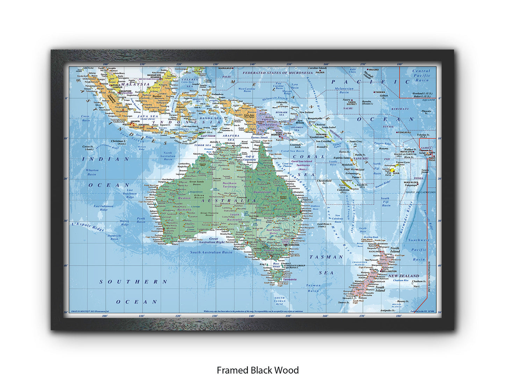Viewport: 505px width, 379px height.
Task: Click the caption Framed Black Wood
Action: [258, 370]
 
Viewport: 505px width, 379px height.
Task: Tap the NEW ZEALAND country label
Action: [404, 276]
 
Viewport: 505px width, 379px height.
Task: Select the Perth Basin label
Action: [141, 220]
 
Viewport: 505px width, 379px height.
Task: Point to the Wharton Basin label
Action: [92, 172]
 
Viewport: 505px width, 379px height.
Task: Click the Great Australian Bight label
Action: [212, 241]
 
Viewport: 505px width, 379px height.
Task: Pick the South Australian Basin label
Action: [211, 252]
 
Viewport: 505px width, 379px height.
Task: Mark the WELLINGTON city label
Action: [389, 271]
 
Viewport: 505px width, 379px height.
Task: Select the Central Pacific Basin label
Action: [421, 75]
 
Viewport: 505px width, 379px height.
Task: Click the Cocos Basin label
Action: [85, 118]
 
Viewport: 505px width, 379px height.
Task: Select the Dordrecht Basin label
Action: [115, 237]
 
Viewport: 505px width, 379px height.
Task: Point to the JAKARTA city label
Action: [135, 122]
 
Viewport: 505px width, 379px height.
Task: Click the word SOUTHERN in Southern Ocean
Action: [134, 282]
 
